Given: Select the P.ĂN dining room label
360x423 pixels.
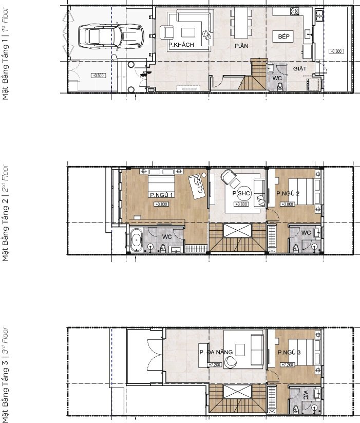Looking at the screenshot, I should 242,46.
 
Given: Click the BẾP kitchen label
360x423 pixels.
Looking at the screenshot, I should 284,38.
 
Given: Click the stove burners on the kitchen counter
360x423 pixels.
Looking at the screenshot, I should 295,11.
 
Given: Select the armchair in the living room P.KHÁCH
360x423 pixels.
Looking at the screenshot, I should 167,33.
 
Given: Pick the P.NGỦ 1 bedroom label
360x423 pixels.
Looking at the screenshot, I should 161,195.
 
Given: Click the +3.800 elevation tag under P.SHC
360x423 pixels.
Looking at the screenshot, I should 241,204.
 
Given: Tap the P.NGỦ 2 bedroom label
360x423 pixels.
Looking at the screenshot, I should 288,194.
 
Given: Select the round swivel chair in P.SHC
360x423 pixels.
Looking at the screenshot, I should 229,178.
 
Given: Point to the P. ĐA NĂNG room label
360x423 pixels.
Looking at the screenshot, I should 216,352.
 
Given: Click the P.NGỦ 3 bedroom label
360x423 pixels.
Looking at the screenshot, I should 289,353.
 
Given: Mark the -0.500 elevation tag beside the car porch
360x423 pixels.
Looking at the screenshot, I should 98,76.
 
